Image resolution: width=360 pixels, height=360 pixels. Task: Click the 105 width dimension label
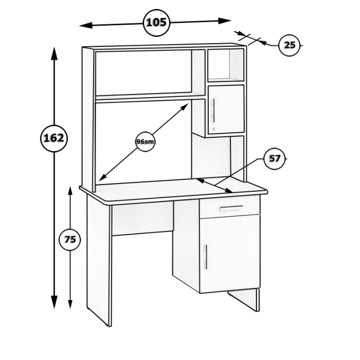click(x=156, y=23)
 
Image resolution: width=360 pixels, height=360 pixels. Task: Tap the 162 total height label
click(x=53, y=138)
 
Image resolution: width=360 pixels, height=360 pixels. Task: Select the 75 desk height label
click(x=70, y=240)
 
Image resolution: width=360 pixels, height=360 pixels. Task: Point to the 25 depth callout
click(x=290, y=45)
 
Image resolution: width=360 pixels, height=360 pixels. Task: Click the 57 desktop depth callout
click(x=275, y=158)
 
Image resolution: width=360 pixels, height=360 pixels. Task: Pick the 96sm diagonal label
click(x=145, y=141)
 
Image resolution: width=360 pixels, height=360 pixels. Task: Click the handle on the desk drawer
click(x=231, y=208)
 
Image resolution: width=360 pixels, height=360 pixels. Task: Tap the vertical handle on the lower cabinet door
click(x=206, y=257)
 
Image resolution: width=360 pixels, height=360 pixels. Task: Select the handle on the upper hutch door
click(x=214, y=111)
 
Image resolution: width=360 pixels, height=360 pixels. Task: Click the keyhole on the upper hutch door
click(x=214, y=129)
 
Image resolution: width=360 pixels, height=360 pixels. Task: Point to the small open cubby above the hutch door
click(x=226, y=65)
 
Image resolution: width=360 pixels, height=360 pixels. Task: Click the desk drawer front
click(x=230, y=207)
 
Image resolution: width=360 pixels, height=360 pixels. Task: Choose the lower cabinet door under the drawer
click(x=230, y=254)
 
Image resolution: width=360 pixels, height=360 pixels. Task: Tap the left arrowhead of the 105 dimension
click(x=86, y=25)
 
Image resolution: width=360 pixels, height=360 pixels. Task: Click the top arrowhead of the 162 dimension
click(x=54, y=53)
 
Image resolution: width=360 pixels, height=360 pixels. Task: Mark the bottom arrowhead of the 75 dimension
click(x=70, y=304)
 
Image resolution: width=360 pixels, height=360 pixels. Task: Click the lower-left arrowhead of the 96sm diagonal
click(x=102, y=177)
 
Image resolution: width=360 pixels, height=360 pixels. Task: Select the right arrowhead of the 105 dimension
click(x=225, y=21)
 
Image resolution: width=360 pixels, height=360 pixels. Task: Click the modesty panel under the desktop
click(x=142, y=219)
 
